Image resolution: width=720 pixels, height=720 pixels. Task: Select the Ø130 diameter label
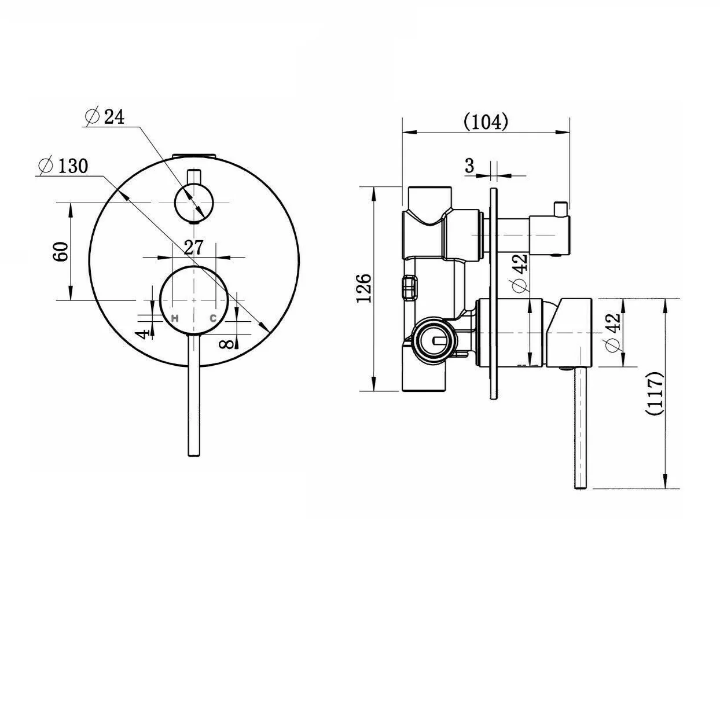point(64,166)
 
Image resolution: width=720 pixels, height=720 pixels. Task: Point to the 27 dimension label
point(194,247)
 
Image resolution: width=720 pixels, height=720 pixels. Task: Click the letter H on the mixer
point(174,318)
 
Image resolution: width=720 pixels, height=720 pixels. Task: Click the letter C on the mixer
point(213,318)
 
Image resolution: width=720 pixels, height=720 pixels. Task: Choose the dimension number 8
point(227,343)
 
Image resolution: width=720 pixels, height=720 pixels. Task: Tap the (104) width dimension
point(486,122)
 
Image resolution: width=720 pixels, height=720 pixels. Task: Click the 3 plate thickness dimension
point(469,165)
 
